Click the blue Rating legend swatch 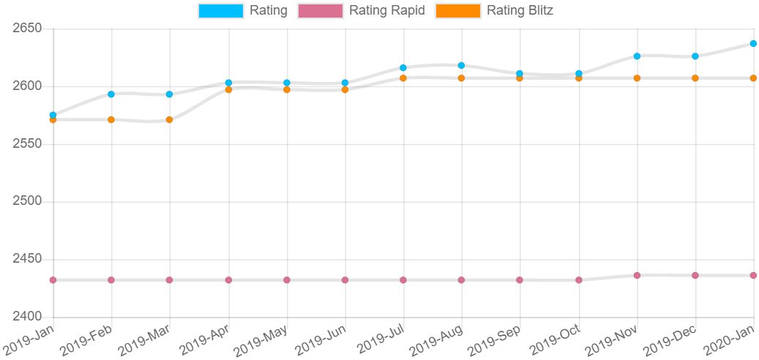220,11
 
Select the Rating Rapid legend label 387,11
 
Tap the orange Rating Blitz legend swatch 458,11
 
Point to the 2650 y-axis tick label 28,29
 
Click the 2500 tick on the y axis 28,201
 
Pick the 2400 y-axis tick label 28,317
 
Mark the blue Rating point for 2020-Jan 753,44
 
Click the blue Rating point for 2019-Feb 111,94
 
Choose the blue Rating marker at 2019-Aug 461,66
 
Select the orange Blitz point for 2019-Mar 169,119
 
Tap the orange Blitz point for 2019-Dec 695,78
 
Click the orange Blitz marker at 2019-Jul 403,78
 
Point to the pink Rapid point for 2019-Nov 637,275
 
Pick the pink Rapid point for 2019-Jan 53,280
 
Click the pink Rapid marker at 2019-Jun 345,280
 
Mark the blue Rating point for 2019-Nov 637,56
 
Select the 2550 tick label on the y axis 28,143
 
